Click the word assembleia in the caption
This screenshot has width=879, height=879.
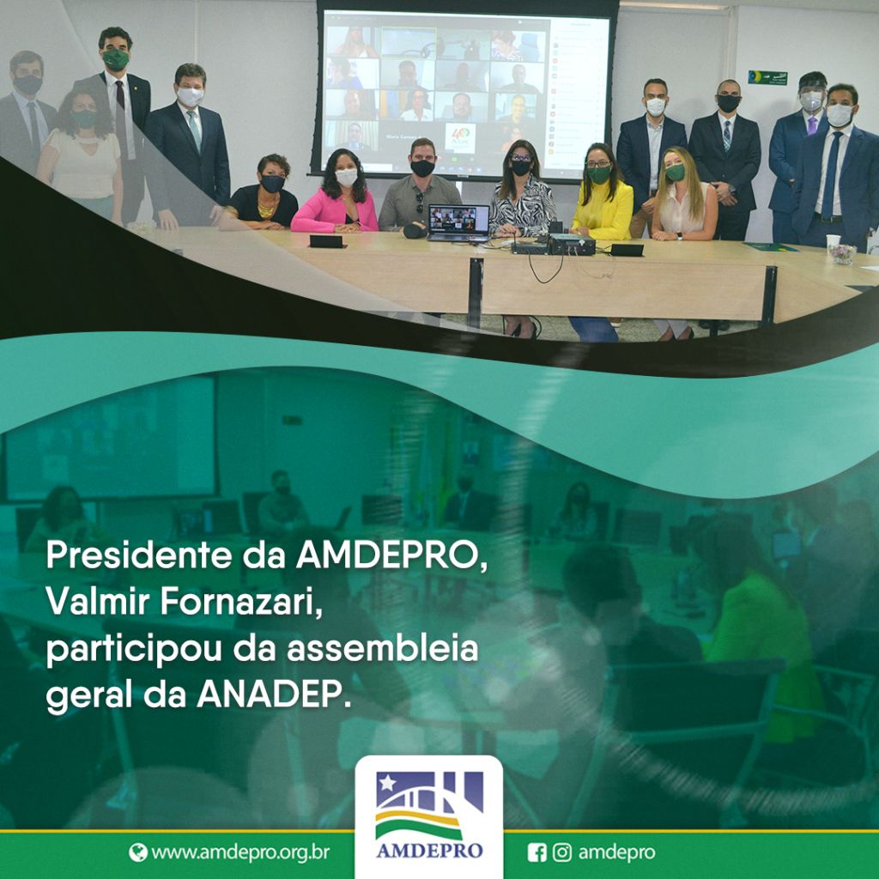click(383, 648)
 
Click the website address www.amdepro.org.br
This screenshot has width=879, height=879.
click(240, 852)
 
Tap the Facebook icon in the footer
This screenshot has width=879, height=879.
click(537, 852)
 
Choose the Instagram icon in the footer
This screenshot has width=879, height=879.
click(562, 852)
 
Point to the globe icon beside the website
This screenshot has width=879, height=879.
click(138, 852)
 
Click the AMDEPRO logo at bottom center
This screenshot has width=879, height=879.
click(429, 815)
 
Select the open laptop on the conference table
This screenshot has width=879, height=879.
click(458, 222)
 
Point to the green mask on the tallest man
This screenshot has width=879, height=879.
click(116, 59)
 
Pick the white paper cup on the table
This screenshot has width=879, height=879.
click(834, 241)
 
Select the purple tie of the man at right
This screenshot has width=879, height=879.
click(812, 125)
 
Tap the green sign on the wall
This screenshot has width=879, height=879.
click(767, 77)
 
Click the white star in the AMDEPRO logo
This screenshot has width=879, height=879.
click(387, 782)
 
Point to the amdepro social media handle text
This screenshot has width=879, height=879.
click(616, 852)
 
